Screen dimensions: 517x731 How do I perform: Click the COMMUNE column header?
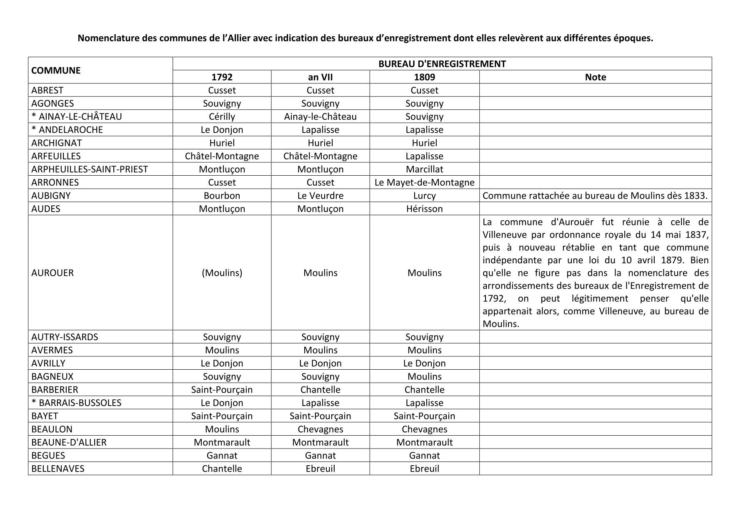[x=56, y=70]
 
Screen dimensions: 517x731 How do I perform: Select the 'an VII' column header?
[x=320, y=77]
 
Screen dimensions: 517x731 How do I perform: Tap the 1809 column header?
[x=424, y=77]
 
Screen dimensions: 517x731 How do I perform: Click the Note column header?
[x=595, y=77]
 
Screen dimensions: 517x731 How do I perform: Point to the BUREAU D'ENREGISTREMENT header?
[x=442, y=64]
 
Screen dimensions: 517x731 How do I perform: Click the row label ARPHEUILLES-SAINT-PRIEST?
[x=90, y=169]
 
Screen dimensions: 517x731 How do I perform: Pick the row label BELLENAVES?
[x=58, y=468]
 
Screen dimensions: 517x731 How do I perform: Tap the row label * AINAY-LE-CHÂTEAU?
[x=77, y=116]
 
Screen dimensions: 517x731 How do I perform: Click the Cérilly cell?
[x=222, y=116]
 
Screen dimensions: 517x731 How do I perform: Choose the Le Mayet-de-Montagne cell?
[x=424, y=182]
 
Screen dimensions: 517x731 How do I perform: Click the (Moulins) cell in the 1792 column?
[x=222, y=272]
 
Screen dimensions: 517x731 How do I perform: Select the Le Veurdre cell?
[x=320, y=195]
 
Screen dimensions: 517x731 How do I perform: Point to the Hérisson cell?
[x=424, y=209]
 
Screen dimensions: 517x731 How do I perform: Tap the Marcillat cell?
[x=424, y=169]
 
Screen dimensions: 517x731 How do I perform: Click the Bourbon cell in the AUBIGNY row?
[x=222, y=195]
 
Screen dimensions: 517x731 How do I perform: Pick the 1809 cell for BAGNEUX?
[x=424, y=376]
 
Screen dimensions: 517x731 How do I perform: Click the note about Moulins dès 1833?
[x=595, y=195]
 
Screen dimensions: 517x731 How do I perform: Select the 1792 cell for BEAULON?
[x=222, y=429]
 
